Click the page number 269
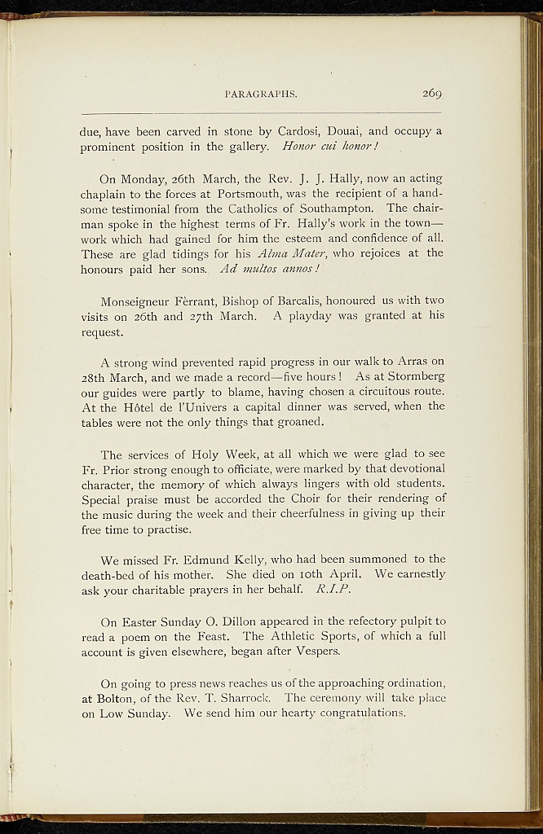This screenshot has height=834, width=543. coord(432,94)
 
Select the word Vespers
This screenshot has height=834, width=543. coord(310,652)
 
